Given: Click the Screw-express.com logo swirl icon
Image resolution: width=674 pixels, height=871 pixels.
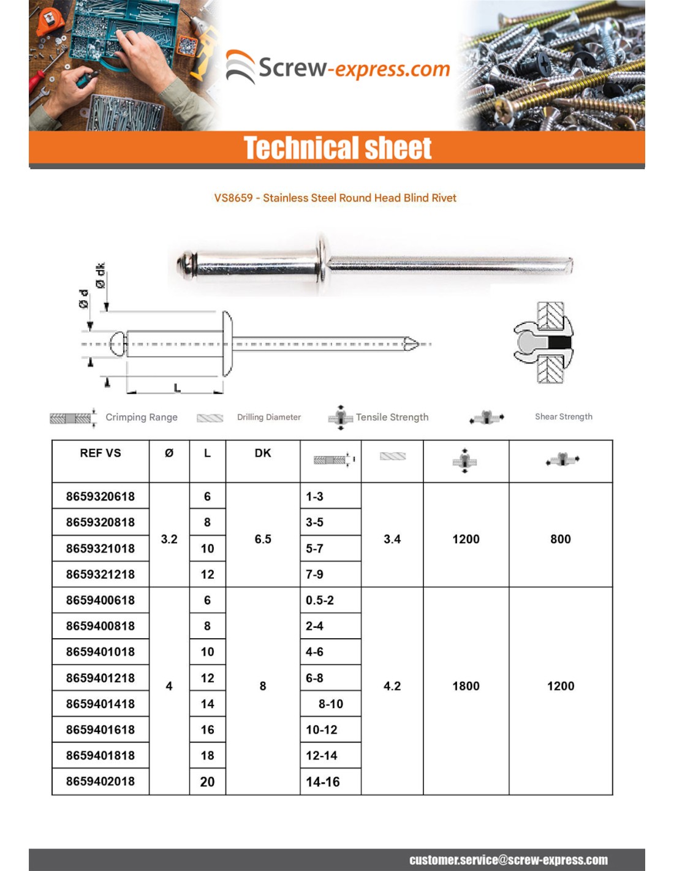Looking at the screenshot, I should click(x=240, y=67).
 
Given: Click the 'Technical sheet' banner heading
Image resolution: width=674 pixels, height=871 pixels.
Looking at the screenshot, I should click(x=337, y=148).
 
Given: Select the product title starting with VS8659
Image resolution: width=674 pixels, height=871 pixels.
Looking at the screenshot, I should click(x=335, y=198).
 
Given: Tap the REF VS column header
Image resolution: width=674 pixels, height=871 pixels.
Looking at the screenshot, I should click(x=100, y=453).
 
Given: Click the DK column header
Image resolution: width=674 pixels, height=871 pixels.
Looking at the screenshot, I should click(x=263, y=453).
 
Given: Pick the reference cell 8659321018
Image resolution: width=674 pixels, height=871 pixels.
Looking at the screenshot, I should click(x=100, y=548).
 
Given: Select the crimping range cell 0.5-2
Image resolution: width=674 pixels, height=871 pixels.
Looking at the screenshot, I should click(x=320, y=600).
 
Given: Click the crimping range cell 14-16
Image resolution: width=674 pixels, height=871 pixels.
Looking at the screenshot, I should click(x=323, y=782).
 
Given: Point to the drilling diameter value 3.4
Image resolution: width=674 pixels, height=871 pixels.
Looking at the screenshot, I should click(x=392, y=539).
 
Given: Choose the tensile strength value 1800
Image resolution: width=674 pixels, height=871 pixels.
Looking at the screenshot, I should click(x=466, y=686).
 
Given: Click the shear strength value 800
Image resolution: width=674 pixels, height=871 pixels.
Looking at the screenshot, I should click(x=560, y=539).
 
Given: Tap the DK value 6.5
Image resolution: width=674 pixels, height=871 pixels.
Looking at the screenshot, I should click(x=263, y=539).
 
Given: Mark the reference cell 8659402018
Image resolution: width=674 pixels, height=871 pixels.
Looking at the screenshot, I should click(x=100, y=782).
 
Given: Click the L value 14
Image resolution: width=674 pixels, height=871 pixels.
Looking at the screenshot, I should click(x=208, y=704).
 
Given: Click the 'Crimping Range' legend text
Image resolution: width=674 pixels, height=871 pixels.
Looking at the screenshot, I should click(x=142, y=417).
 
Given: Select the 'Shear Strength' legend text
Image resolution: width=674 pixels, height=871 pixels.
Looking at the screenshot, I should click(x=564, y=417).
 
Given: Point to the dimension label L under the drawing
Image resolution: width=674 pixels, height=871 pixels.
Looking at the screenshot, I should click(x=176, y=388).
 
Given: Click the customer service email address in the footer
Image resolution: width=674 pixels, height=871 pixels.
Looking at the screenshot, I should click(x=509, y=860).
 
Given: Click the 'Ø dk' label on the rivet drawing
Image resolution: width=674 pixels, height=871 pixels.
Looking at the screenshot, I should click(x=100, y=276).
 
